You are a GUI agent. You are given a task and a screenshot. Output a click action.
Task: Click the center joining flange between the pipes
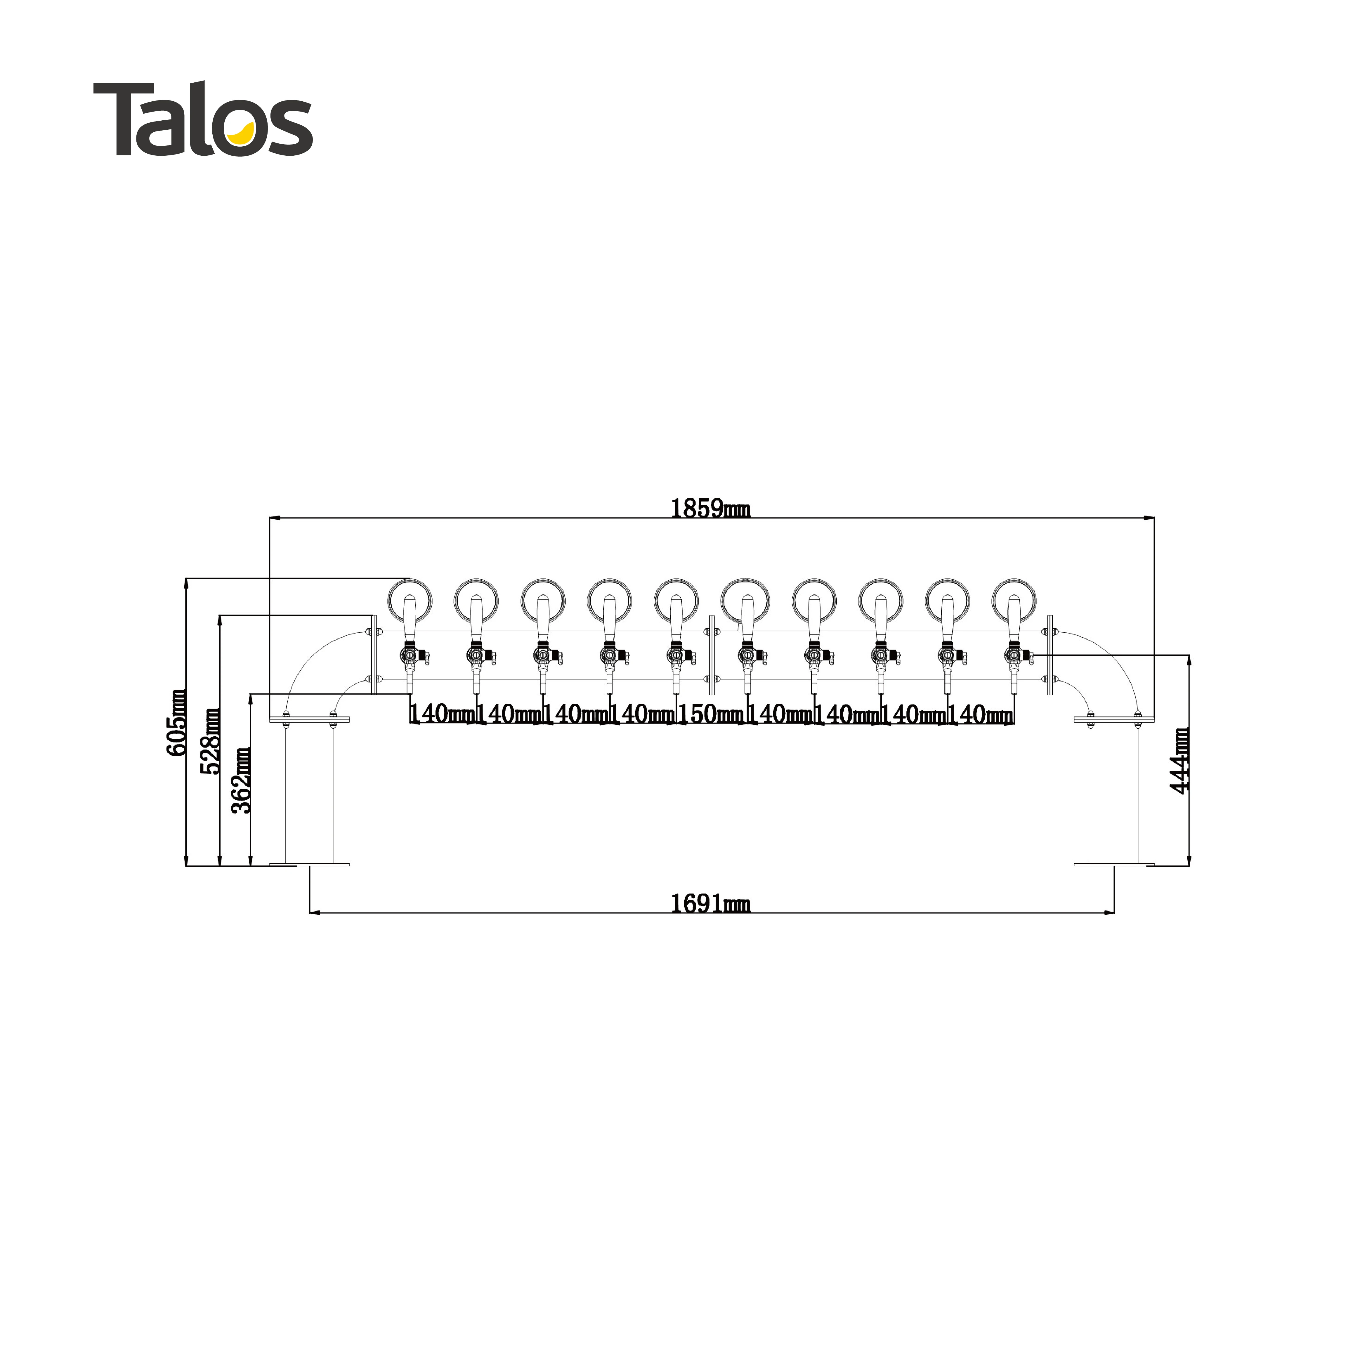coord(712,655)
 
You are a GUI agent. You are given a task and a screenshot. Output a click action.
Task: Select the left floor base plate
coord(309,864)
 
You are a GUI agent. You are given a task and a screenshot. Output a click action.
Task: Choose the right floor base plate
coord(1114,864)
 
